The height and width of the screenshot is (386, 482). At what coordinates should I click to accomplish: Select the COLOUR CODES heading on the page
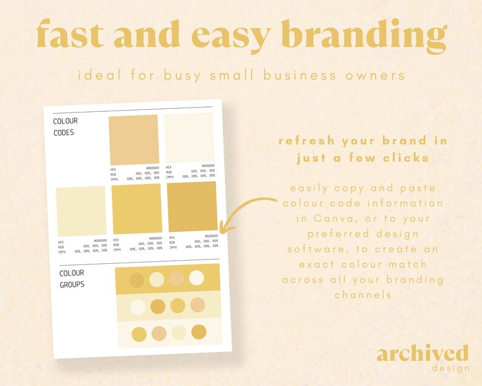tap(66, 126)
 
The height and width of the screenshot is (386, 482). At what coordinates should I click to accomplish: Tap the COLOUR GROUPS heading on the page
tap(72, 279)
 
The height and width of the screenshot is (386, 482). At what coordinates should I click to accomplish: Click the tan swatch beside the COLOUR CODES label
tap(133, 139)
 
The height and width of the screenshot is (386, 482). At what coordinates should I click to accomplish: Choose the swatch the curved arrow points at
tap(192, 207)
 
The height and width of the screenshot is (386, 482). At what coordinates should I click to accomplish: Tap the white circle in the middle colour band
tap(138, 307)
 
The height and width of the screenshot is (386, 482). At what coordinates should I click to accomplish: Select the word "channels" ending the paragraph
tap(362, 295)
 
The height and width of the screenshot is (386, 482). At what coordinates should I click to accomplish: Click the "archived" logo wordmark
tap(422, 354)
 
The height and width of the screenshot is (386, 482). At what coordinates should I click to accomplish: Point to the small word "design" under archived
tap(450, 368)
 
